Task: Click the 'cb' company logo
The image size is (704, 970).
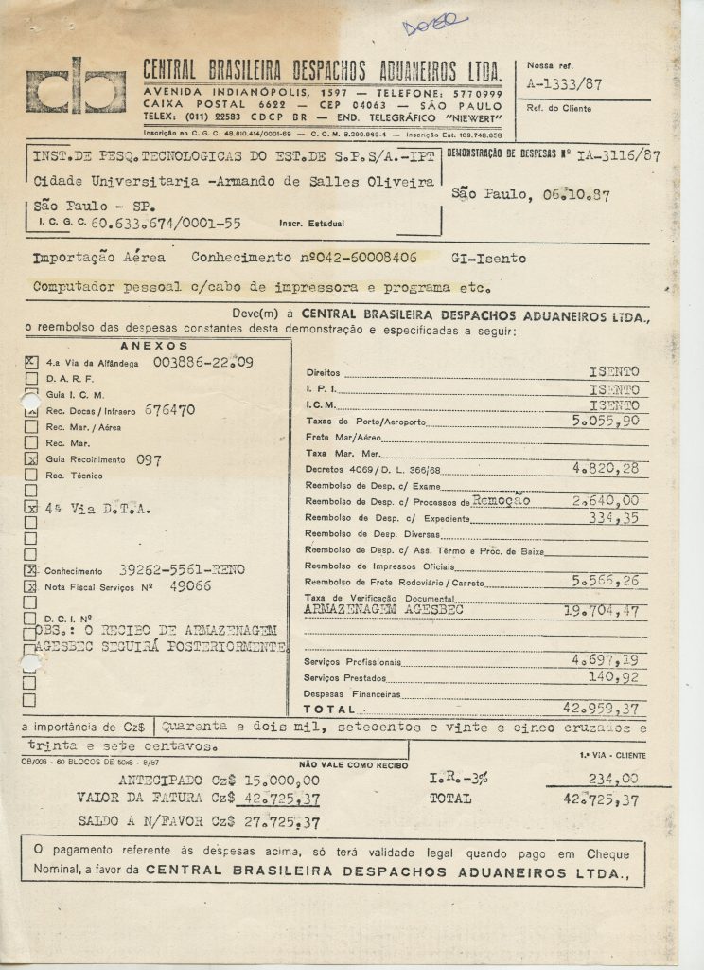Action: (x=76, y=86)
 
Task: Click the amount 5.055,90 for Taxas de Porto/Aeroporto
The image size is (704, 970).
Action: (x=606, y=421)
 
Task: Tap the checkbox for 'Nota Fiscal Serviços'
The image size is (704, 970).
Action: (x=31, y=587)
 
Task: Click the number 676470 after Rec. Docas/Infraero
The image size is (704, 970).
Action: (x=170, y=410)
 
